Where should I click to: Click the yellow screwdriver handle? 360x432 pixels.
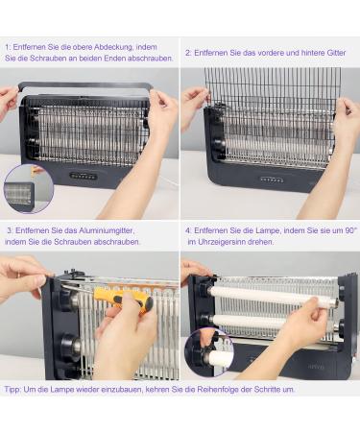coord(123,300)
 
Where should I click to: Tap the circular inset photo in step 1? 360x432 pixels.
coord(26,189)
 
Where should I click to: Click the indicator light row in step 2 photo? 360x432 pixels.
coord(272,179)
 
